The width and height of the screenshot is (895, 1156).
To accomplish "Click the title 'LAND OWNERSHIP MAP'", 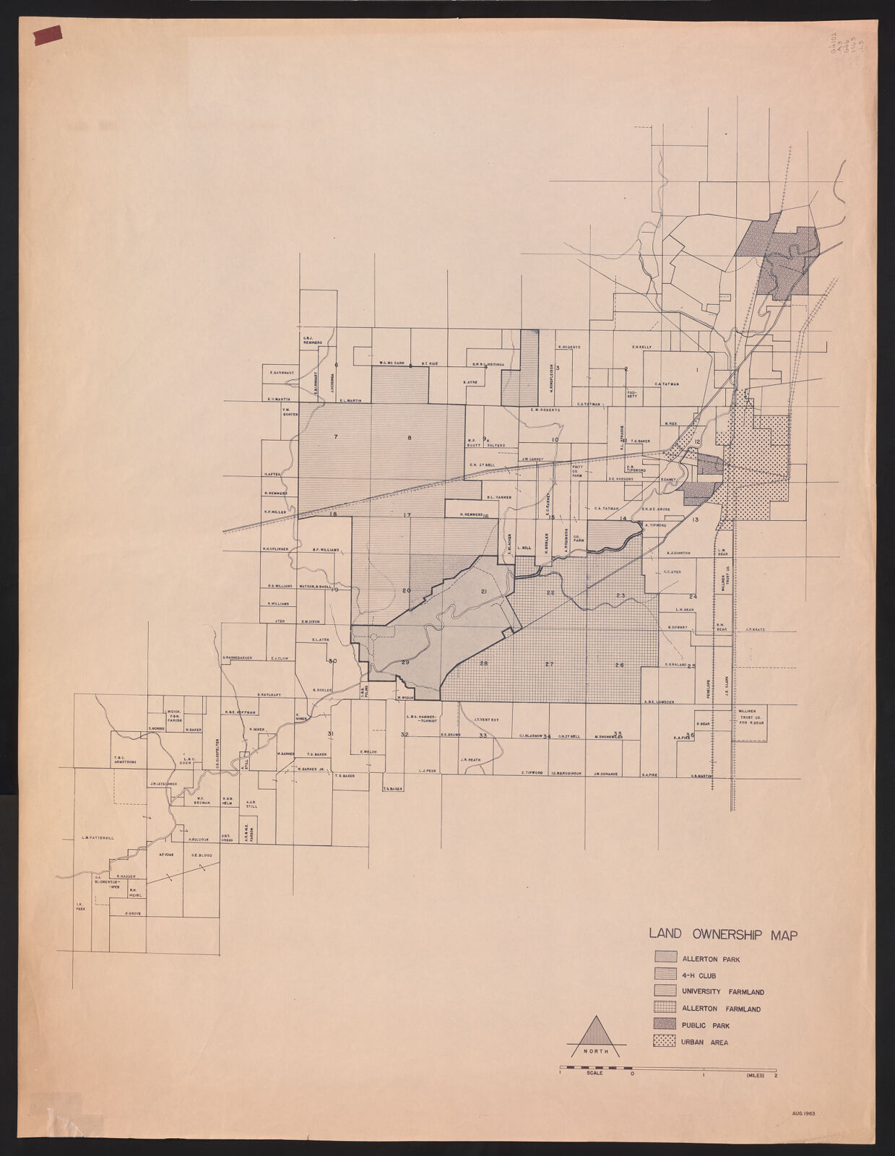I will (x=723, y=934).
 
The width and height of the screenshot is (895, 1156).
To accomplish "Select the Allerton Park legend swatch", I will (x=664, y=957).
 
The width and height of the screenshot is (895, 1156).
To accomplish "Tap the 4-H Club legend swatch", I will (x=664, y=974).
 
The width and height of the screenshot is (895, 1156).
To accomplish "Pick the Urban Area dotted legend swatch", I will (x=664, y=1041).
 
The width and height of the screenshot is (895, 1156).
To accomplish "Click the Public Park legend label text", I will (x=705, y=1025).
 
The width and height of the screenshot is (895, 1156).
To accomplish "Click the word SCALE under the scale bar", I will (x=594, y=1074).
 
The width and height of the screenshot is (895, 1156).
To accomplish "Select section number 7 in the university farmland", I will (x=335, y=437).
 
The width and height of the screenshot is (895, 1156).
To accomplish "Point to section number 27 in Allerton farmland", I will (x=549, y=664).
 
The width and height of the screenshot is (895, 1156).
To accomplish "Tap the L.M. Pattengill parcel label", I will (x=98, y=838).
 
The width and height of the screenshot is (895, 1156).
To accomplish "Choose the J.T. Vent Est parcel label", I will (x=487, y=720).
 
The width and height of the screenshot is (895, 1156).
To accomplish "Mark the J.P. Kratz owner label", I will (x=755, y=629).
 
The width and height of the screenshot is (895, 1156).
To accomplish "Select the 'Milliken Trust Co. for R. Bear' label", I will (x=748, y=716).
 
